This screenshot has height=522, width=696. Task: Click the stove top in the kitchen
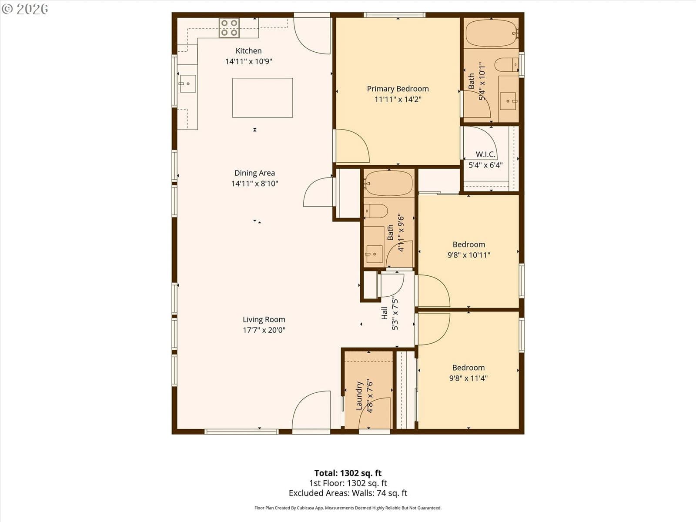coord(229,27)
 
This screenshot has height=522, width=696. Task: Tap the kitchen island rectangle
coord(262,97)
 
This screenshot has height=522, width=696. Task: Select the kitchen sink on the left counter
coord(188,84)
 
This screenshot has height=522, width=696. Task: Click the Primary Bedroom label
coord(398,89)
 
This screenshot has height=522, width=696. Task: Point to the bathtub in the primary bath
coord(491,33)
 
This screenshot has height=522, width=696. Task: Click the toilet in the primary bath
coord(507,65)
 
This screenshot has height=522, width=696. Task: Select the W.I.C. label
coord(485,154)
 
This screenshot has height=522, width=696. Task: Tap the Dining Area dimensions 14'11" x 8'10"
coord(254,184)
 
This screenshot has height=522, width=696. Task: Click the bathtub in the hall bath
coord(389,183)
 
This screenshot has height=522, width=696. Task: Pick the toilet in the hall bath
coord(376,211)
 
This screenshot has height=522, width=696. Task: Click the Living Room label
coord(264,319)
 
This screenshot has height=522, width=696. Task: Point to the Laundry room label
coord(359,395)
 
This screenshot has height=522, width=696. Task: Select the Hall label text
coord(384,313)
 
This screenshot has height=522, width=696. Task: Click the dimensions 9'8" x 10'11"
coord(468,255)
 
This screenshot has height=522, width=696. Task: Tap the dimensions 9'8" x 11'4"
coord(468,378)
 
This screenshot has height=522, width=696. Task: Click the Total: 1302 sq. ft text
coord(348,473)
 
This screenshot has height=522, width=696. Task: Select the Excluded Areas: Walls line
coord(348,493)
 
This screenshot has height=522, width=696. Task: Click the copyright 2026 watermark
coord(25,9)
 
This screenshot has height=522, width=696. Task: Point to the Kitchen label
coord(248,51)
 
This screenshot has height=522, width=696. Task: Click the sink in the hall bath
coord(374,254)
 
